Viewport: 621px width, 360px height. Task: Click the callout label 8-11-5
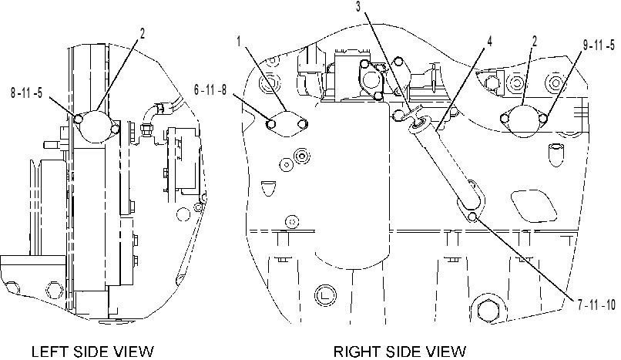point(26,94)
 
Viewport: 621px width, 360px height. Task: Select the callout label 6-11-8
point(210,90)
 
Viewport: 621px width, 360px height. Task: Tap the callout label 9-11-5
point(599,45)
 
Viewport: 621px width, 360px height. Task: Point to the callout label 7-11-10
point(596,305)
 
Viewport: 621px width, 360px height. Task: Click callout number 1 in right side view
point(239,41)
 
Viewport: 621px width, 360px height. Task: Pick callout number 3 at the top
point(358,7)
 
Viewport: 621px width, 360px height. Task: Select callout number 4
point(489,41)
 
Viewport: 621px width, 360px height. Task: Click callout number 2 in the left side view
point(143,34)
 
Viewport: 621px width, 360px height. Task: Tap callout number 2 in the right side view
point(535,41)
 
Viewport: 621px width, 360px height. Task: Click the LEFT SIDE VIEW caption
point(92,352)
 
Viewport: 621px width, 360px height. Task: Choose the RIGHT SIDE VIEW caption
point(400,352)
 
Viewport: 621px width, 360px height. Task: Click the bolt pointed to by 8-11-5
point(79,119)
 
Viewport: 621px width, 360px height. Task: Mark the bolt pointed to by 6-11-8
point(271,124)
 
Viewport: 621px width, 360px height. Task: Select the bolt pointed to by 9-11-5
point(544,118)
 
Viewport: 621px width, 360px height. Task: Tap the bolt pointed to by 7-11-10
point(472,217)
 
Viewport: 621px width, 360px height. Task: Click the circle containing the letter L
point(325,295)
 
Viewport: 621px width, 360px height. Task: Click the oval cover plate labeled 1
point(287,124)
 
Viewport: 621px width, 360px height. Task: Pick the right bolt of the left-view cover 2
point(116,129)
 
